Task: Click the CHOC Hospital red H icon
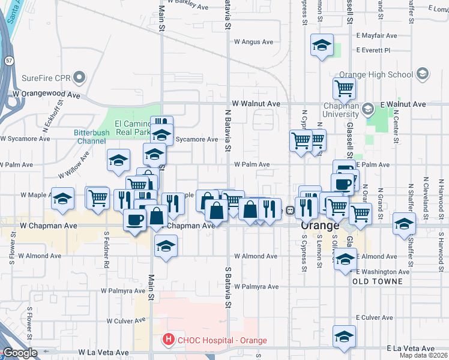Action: point(169,340)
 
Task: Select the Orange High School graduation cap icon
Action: point(422,74)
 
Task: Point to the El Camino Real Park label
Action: point(133,127)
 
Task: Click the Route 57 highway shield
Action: point(9,61)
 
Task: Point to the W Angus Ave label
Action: point(253,42)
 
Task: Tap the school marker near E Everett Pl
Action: point(322,46)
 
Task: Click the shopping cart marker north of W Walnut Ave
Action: point(345,88)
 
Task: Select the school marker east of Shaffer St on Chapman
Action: point(404,224)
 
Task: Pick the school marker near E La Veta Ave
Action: point(344,337)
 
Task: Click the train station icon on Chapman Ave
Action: point(289,211)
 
